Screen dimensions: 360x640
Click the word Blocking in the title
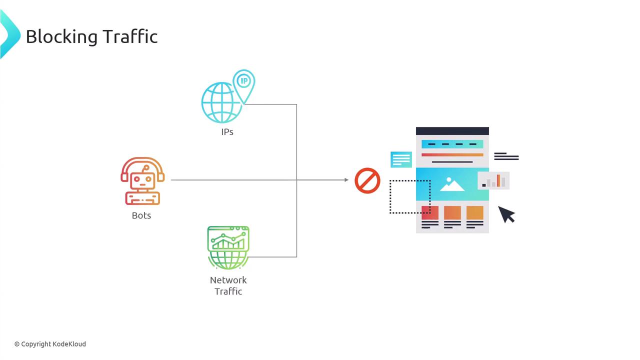(x=61, y=36)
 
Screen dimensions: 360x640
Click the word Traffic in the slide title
(x=130, y=36)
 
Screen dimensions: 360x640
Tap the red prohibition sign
(x=367, y=180)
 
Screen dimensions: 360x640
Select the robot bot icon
(x=142, y=181)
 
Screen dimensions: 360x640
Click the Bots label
(x=141, y=215)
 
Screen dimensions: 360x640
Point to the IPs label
(x=227, y=132)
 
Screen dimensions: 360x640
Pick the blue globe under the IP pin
(x=220, y=103)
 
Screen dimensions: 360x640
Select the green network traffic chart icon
(x=228, y=247)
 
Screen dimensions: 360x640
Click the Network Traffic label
(x=228, y=285)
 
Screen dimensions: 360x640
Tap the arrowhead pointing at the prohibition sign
(x=346, y=180)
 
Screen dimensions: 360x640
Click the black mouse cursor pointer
(x=506, y=214)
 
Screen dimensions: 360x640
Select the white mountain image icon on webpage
(x=452, y=184)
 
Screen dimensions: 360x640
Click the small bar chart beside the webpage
(x=493, y=180)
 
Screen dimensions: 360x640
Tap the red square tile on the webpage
(x=430, y=212)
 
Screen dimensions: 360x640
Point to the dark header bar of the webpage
(x=452, y=131)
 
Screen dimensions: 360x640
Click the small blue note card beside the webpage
(x=401, y=159)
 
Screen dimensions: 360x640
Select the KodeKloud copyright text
(x=50, y=344)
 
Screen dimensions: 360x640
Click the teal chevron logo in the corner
(x=9, y=34)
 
